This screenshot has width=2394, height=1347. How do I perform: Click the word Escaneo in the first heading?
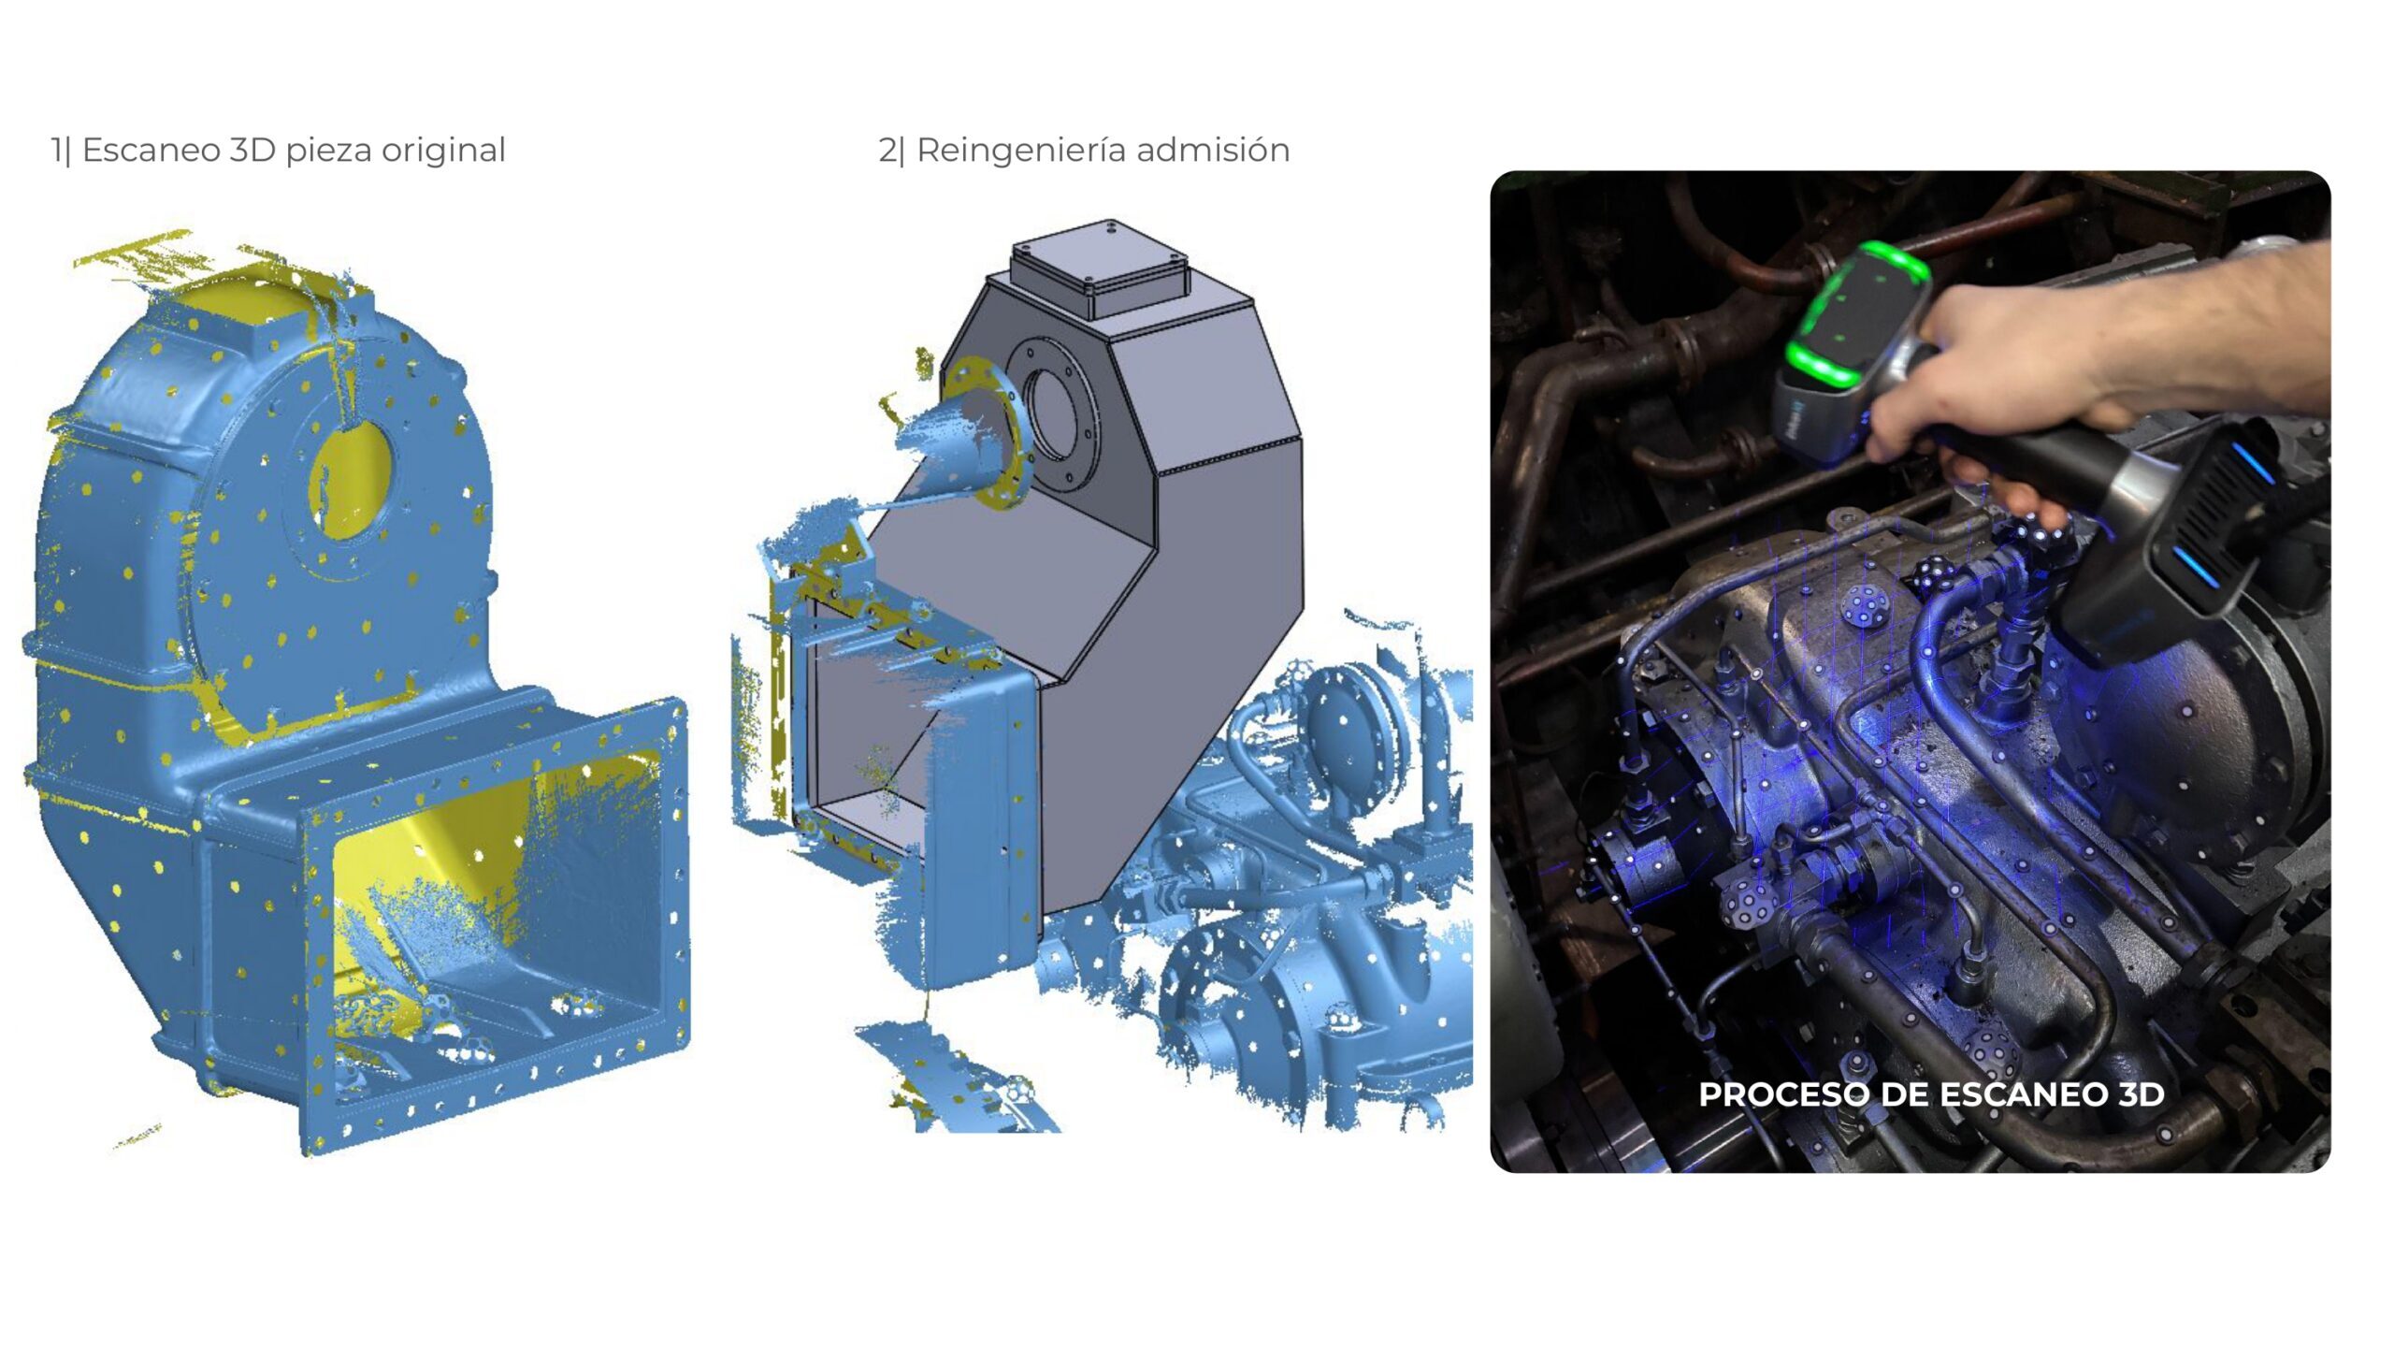151,150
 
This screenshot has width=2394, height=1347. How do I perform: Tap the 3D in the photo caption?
2141,1094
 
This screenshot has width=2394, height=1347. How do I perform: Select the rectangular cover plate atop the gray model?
1100,268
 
